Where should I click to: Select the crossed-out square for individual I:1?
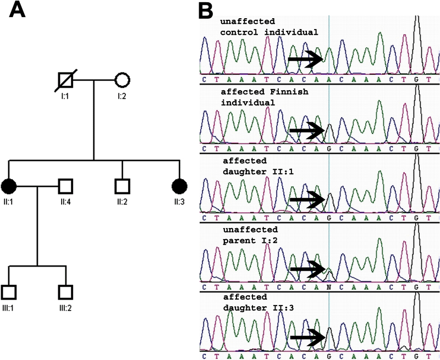coord(65,80)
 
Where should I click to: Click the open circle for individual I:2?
coord(122,80)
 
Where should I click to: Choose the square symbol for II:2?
coord(122,186)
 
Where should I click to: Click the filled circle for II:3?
coord(179,186)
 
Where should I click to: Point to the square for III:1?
coord(9,292)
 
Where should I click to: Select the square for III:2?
coord(65,292)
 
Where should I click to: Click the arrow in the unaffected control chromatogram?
coord(306,58)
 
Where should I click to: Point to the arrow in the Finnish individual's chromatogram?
coord(306,131)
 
